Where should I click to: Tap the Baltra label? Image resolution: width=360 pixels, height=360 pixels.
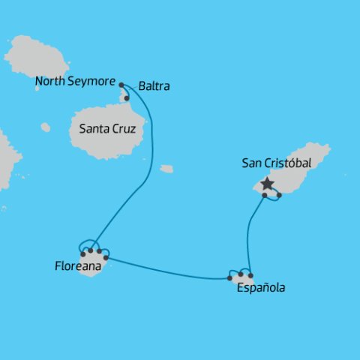(x=154, y=86)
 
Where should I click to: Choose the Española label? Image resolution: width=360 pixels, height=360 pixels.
(x=260, y=287)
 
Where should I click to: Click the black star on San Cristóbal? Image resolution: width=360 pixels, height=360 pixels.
(x=266, y=184)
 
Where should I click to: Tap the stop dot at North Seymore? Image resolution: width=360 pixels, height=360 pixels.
(x=121, y=85)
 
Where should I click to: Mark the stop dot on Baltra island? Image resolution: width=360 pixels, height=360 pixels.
(x=127, y=98)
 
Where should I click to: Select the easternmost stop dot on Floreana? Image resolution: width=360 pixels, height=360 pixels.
(x=106, y=258)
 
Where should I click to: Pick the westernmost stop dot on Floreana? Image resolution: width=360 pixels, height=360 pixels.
(x=82, y=253)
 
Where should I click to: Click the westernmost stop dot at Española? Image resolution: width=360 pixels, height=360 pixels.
(x=229, y=278)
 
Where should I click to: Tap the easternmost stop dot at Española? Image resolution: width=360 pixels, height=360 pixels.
(x=250, y=274)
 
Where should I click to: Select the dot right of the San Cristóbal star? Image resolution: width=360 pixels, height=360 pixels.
(x=279, y=196)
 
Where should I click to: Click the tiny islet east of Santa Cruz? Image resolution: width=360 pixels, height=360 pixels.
(x=166, y=169)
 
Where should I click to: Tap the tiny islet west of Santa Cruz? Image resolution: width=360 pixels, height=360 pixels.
(x=46, y=127)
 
